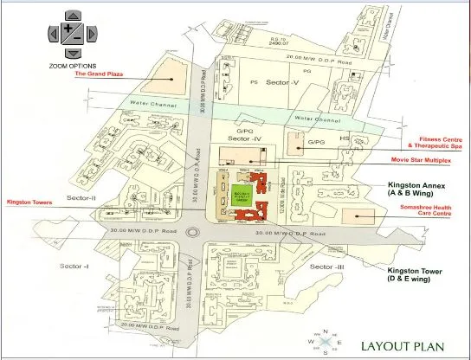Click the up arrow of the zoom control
pyautogui.click(x=72, y=16)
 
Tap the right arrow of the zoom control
pyautogui.click(x=93, y=33)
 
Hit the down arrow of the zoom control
pyautogui.click(x=72, y=53)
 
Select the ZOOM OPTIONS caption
pyautogui.click(x=73, y=66)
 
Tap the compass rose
pyautogui.click(x=324, y=343)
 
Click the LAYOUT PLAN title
pyautogui.click(x=403, y=344)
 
